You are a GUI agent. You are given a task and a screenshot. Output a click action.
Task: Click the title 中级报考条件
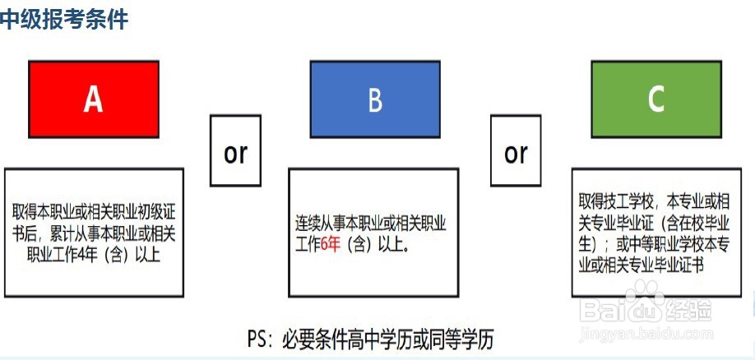click(64, 19)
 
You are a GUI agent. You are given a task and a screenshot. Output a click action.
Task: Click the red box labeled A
click(94, 99)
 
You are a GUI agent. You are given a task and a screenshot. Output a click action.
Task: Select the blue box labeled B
click(375, 99)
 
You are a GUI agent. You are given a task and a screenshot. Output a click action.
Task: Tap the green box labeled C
click(655, 99)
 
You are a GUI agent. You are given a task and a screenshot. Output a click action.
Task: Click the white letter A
click(94, 99)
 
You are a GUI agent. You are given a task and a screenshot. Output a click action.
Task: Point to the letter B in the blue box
click(375, 99)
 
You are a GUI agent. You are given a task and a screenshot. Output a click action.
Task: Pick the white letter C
click(655, 99)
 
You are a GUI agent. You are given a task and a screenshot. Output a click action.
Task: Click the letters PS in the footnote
click(259, 339)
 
